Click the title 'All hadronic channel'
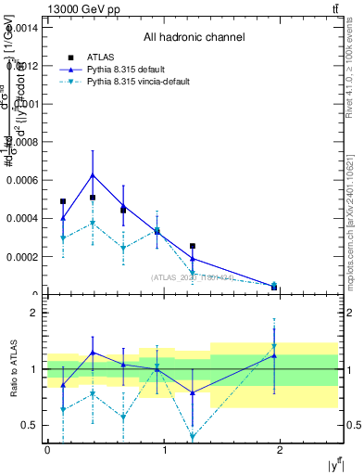194,37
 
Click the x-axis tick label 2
282,450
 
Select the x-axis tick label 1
164,450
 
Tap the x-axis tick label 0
47,450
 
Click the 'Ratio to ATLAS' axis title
12,368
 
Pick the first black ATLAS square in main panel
63,201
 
